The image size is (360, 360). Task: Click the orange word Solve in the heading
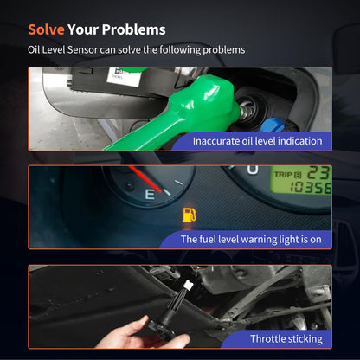[46, 29]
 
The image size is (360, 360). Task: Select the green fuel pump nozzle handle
[184, 112]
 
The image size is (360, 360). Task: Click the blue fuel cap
[272, 125]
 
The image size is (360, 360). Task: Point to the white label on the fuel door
[123, 75]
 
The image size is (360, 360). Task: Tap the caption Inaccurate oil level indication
[257, 141]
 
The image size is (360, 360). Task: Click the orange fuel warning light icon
[190, 215]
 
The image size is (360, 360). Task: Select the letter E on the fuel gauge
[150, 195]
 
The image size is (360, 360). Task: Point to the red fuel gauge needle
[145, 178]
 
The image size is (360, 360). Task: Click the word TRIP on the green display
[284, 175]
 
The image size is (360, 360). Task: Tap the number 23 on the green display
[318, 173]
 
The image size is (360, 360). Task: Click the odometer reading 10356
[311, 188]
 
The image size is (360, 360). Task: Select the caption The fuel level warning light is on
[251, 240]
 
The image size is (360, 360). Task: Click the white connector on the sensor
[189, 286]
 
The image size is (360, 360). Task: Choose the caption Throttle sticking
[286, 339]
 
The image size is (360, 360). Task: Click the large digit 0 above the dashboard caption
[253, 170]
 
